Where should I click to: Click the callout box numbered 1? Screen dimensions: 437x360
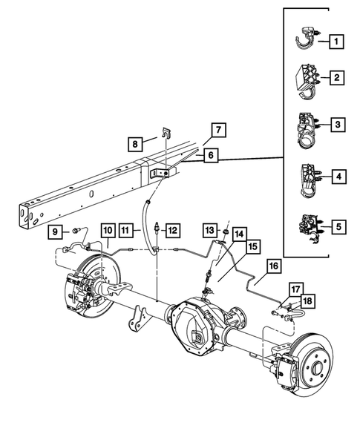coord(338,41)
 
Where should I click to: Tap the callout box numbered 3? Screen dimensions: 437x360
coord(338,125)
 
